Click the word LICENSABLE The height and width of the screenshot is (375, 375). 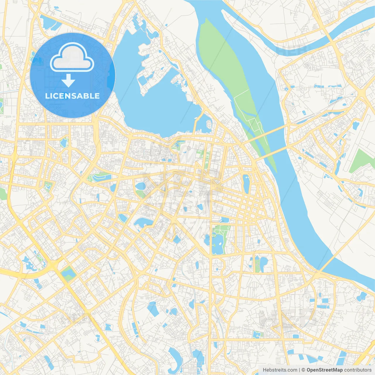pyautogui.click(x=72, y=96)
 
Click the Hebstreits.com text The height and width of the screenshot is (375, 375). pyautogui.click(x=280, y=370)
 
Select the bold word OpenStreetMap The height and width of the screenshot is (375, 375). pyautogui.click(x=324, y=370)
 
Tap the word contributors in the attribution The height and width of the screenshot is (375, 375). pyautogui.click(x=358, y=370)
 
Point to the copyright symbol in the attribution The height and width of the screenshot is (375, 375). pyautogui.click(x=304, y=370)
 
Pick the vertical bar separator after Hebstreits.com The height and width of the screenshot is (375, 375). pyautogui.click(x=299, y=370)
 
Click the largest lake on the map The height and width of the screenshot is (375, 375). pyautogui.click(x=158, y=105)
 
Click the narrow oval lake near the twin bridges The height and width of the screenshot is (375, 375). pyautogui.click(x=246, y=184)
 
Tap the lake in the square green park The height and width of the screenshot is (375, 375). pyautogui.click(x=68, y=273)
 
